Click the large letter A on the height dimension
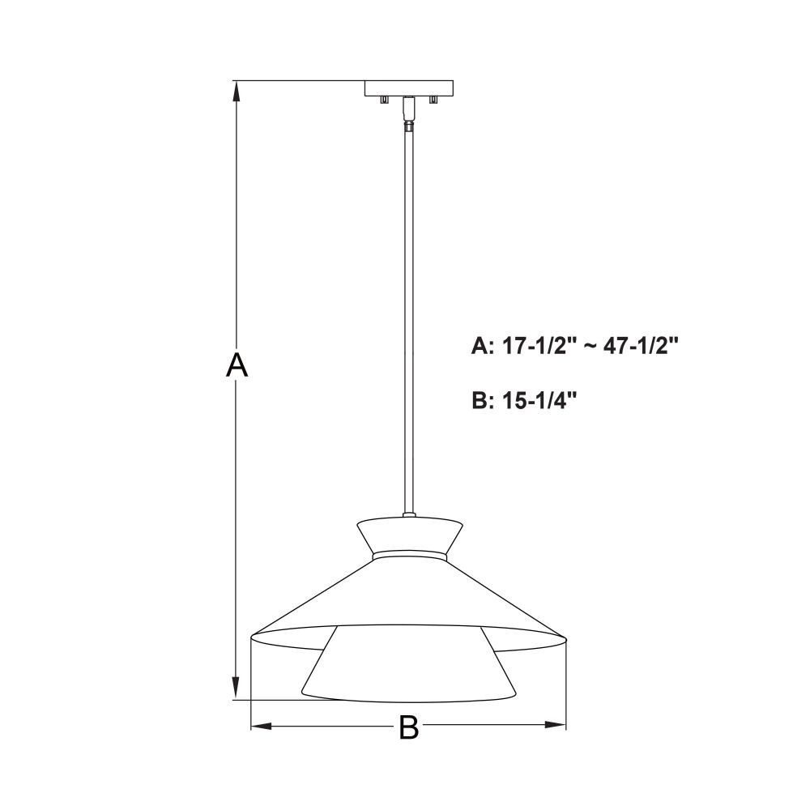pos(237,364)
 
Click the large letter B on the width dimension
pos(408,727)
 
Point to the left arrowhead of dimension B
pos(262,726)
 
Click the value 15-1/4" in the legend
pos(539,400)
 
